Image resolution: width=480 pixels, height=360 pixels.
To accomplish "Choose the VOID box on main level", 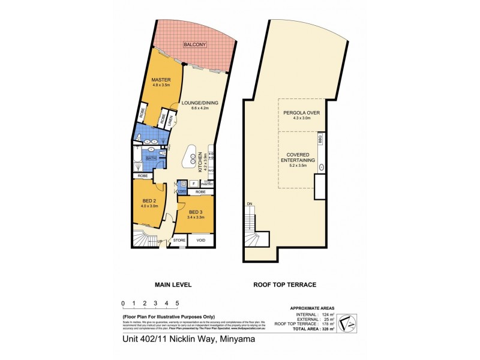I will click(200, 240).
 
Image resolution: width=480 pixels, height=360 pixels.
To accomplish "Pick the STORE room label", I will click(179, 240).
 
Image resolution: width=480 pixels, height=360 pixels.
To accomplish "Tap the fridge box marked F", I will click(194, 183).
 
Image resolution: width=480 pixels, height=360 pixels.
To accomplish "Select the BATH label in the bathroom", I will click(151, 159).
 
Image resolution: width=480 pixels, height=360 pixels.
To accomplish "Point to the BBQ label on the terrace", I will click(321, 139).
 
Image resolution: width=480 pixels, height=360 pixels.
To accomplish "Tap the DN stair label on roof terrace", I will click(249, 205).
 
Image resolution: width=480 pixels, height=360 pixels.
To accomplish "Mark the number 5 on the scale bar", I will click(177, 304).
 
